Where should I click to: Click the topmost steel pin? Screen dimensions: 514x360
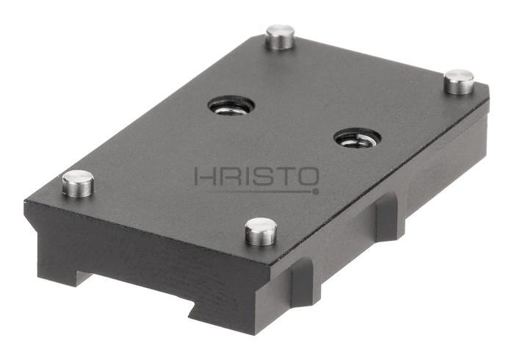(x=280, y=37)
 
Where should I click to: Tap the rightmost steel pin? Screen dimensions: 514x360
(x=459, y=82)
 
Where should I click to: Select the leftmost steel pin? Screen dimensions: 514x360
(x=78, y=184)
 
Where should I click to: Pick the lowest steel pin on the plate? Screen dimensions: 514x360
(x=261, y=231)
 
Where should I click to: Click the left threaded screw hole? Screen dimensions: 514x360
(x=231, y=107)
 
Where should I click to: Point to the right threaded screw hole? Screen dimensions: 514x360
(x=358, y=137)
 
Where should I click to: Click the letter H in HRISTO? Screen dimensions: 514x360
(x=205, y=176)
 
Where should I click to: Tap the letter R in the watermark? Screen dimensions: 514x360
(x=229, y=176)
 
